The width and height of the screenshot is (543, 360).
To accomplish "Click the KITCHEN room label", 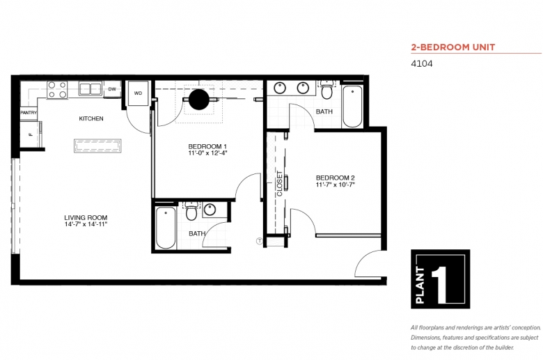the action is pyautogui.click(x=91, y=118).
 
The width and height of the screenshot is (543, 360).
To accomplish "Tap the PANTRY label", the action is pyautogui.click(x=29, y=113).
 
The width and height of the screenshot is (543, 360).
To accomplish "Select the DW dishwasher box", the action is pyautogui.click(x=112, y=89).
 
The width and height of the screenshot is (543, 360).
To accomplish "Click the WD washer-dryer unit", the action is pyautogui.click(x=138, y=93).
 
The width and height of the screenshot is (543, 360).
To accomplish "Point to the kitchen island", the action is pyautogui.click(x=97, y=146).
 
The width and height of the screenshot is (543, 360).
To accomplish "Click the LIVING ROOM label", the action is pyautogui.click(x=86, y=217).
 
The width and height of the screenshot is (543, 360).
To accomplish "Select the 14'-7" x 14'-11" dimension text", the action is pyautogui.click(x=86, y=224).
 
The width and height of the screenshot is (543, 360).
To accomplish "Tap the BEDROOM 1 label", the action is pyautogui.click(x=207, y=146).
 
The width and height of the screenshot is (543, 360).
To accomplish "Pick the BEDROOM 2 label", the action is pyautogui.click(x=336, y=178).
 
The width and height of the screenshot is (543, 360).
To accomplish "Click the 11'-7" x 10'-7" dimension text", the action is pyautogui.click(x=336, y=185).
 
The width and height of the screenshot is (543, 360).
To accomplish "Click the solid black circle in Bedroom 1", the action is pyautogui.click(x=199, y=100).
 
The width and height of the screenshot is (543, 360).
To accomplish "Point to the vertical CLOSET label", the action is pyautogui.click(x=279, y=184).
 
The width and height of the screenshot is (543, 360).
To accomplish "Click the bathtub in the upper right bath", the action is pyautogui.click(x=352, y=107).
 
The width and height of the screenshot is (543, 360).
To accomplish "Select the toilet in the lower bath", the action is pyautogui.click(x=191, y=212).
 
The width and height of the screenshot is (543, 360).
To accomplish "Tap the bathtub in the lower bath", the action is pyautogui.click(x=166, y=228).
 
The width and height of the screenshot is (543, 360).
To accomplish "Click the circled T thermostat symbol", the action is pyautogui.click(x=260, y=241).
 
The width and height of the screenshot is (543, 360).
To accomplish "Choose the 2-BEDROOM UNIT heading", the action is pyautogui.click(x=453, y=47).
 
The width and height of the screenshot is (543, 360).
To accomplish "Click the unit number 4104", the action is pyautogui.click(x=421, y=64).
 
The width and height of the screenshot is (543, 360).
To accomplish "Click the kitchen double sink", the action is pyautogui.click(x=90, y=88).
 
